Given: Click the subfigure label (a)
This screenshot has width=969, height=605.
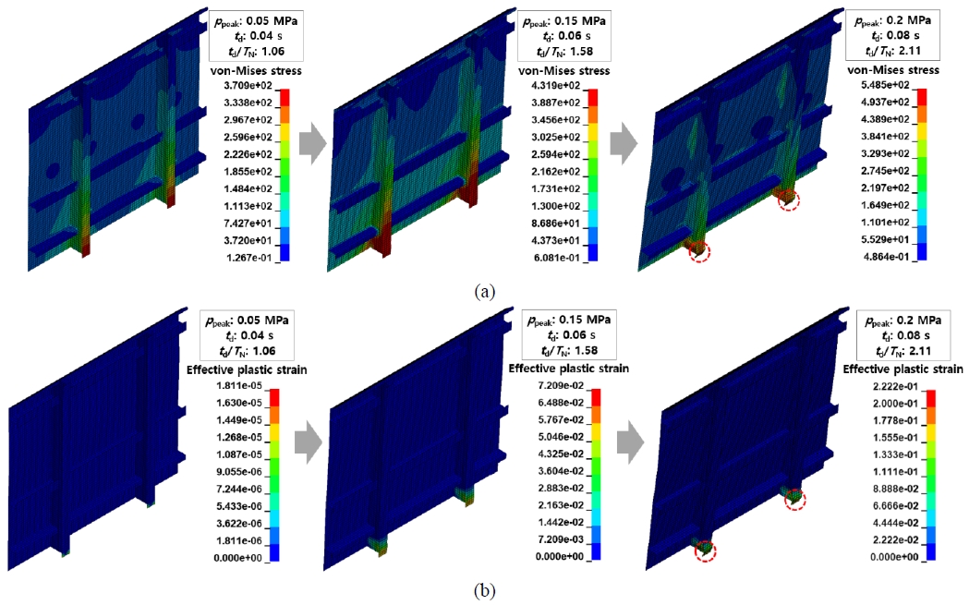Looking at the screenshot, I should (484, 291).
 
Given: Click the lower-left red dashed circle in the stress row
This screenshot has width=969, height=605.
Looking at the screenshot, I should (698, 249).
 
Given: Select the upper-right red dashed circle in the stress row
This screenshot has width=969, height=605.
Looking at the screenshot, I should (787, 200).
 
